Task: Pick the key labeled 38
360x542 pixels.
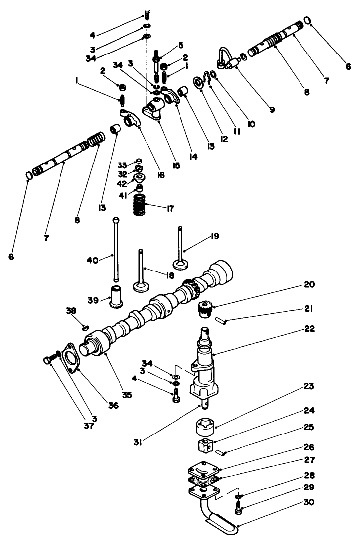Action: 84,327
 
